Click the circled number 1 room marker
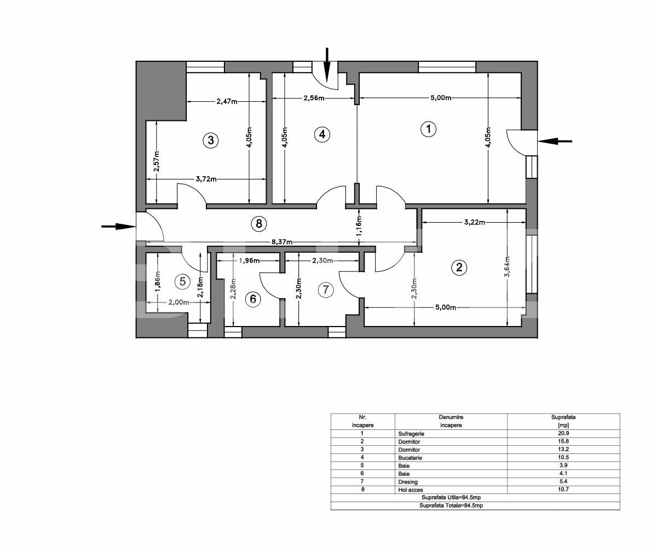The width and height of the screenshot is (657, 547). tap(428, 130)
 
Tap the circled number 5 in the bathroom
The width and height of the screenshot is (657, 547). tap(183, 282)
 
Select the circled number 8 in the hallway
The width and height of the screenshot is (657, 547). tap(258, 223)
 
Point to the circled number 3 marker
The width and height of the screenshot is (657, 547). tap(210, 141)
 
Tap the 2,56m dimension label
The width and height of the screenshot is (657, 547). tap(314, 98)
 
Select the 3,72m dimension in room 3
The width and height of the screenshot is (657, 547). tap(206, 179)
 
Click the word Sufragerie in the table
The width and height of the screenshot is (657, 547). tap(412, 434)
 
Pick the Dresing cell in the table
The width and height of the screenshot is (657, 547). tap(408, 482)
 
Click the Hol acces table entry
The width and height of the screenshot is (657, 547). tap(411, 490)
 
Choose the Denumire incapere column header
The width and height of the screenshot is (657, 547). tap(451, 421)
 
